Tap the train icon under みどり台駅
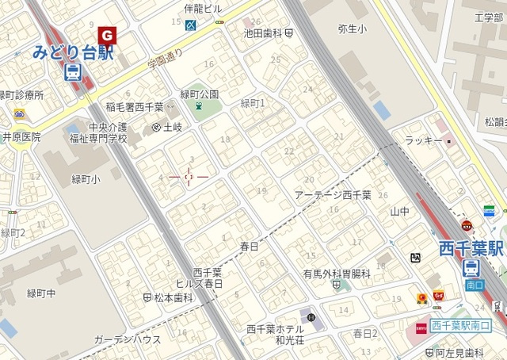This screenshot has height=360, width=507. pyautogui.click(x=71, y=73)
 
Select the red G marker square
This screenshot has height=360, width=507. pyautogui.click(x=106, y=35)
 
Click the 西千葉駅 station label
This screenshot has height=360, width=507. pyautogui.click(x=472, y=249)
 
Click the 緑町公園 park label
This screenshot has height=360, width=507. pyautogui.click(x=200, y=94)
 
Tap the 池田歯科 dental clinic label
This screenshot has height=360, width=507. pyautogui.click(x=264, y=33)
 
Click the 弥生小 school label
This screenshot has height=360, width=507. pyautogui.click(x=353, y=29)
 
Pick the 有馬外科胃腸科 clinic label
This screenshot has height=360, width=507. pyautogui.click(x=337, y=273)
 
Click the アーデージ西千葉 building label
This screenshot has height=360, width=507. pyautogui.click(x=333, y=194)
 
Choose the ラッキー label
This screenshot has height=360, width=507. pyautogui.click(x=423, y=140)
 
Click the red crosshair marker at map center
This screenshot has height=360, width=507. pyautogui.click(x=189, y=177)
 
